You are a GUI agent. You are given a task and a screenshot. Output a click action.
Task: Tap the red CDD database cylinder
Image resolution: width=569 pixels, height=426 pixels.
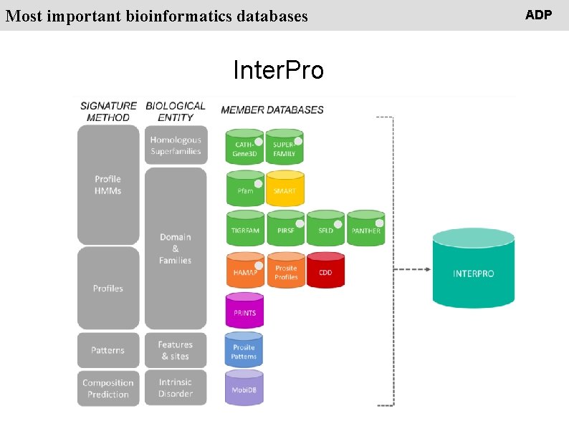325,270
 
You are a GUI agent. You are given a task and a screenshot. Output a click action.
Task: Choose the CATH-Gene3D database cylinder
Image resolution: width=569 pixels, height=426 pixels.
244,147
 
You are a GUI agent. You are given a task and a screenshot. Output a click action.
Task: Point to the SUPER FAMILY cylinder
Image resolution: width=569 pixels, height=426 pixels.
284,147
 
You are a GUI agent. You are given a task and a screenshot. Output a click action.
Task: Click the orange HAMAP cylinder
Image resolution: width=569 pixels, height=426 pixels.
244,270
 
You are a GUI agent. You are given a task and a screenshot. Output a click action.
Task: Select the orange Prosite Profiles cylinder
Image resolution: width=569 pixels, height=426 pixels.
285,270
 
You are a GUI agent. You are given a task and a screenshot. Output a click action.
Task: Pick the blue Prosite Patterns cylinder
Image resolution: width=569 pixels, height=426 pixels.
244,350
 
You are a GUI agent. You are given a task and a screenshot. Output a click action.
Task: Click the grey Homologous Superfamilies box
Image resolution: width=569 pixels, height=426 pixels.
176,145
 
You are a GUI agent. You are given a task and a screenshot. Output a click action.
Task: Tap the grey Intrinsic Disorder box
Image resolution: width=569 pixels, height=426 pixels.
176,387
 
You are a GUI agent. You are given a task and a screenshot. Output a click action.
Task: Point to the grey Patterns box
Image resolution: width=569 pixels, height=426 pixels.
107,349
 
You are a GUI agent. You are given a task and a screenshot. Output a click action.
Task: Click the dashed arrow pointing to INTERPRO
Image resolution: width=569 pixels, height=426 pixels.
413,270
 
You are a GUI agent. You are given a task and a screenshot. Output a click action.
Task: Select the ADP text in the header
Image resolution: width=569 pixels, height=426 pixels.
538,14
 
